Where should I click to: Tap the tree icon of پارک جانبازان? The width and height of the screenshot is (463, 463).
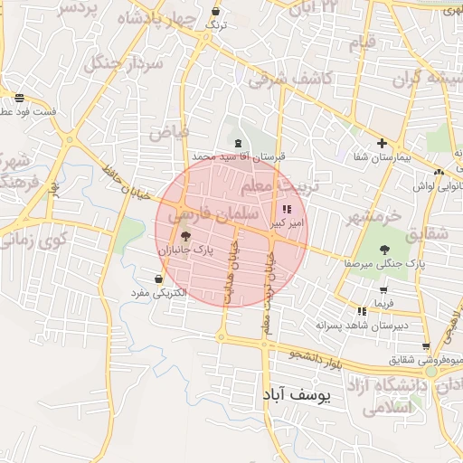(x=186, y=236)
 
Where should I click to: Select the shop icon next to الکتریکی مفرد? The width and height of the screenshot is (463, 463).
(x=160, y=279)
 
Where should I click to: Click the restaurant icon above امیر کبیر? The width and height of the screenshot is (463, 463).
(x=288, y=209)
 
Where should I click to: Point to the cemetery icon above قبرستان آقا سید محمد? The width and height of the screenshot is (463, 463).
(x=237, y=143)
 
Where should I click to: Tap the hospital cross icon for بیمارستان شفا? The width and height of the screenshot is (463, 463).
(x=383, y=143)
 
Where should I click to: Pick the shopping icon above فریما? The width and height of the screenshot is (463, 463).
(x=384, y=290)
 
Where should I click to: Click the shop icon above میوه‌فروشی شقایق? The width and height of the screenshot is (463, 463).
(x=425, y=346)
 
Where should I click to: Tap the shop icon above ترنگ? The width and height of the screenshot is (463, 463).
(x=215, y=12)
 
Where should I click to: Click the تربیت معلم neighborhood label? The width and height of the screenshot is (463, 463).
(x=269, y=185)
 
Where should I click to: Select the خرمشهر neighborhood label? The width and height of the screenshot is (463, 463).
(x=372, y=217)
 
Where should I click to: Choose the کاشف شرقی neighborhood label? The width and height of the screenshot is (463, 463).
(x=291, y=79)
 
